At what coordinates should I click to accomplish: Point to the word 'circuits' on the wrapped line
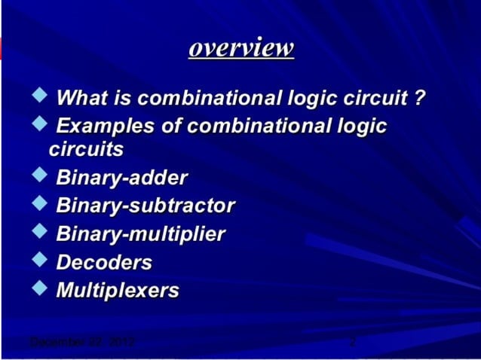(x=87, y=149)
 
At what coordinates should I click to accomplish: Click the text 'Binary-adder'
(x=122, y=179)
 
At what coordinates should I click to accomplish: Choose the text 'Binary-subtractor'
(x=146, y=206)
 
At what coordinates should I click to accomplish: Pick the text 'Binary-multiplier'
(x=140, y=234)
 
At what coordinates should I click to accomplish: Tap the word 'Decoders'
(x=104, y=262)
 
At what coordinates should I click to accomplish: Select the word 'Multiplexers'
(x=118, y=290)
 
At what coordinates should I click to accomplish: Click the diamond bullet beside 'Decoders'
(x=39, y=261)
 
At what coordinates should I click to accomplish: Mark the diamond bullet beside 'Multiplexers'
(x=39, y=288)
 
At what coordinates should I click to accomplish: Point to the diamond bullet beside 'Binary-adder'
(x=39, y=177)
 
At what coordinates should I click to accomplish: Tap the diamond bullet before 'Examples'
(x=39, y=123)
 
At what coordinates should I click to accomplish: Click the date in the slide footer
(x=81, y=343)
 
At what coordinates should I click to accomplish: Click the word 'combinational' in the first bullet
(x=209, y=98)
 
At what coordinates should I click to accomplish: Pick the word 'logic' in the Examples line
(x=360, y=125)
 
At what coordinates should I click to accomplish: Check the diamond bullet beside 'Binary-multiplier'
(x=39, y=233)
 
